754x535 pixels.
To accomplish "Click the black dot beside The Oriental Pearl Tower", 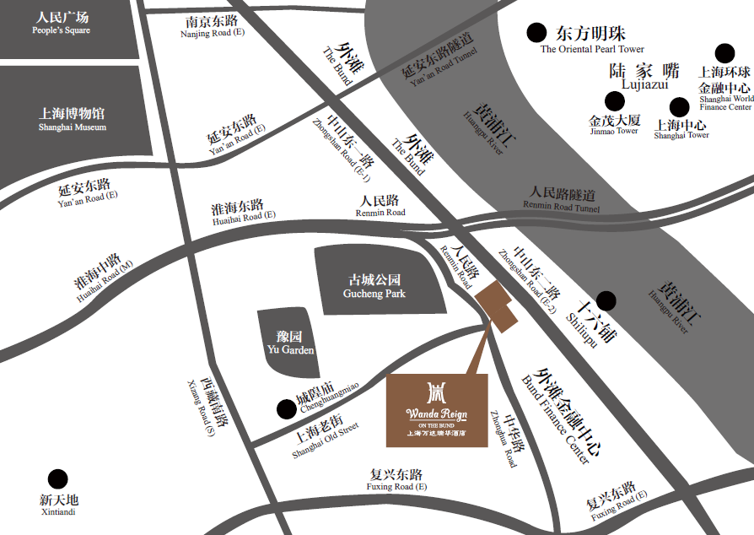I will click(x=536, y=33).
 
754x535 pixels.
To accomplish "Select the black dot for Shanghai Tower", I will click(x=680, y=107).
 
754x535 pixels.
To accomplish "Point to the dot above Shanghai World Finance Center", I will click(x=724, y=53).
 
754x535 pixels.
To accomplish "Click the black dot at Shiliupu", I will click(x=606, y=300).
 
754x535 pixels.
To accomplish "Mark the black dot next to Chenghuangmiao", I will click(x=286, y=410).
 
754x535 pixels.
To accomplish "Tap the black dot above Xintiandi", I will click(x=57, y=478).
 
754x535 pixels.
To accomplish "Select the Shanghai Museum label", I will click(x=73, y=119).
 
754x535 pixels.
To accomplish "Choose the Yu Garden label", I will click(x=290, y=342).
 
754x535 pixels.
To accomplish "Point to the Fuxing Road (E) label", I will click(x=396, y=480).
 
